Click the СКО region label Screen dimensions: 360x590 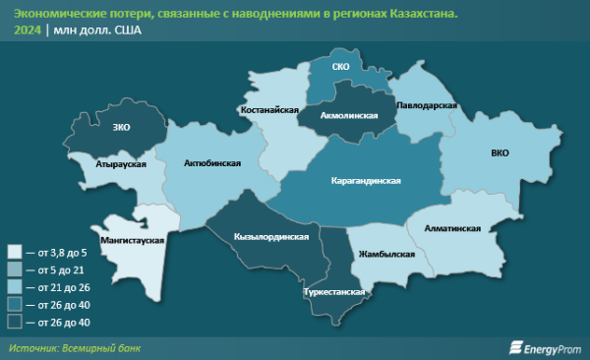click(x=340, y=67)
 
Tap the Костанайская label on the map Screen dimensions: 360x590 click(x=268, y=111)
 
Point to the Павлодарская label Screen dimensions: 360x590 click(x=429, y=104)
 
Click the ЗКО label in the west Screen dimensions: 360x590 click(x=122, y=128)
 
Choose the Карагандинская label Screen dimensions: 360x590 click(x=365, y=183)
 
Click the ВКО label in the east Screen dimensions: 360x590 click(x=500, y=153)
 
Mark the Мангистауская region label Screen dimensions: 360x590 click(x=132, y=239)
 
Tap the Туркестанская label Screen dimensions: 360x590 click(x=334, y=292)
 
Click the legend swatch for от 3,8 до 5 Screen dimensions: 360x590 click(x=15, y=252)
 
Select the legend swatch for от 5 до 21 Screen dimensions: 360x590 click(x=15, y=269)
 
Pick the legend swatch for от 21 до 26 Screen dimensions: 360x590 click(x=15, y=286)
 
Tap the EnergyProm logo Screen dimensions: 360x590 click(x=543, y=346)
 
